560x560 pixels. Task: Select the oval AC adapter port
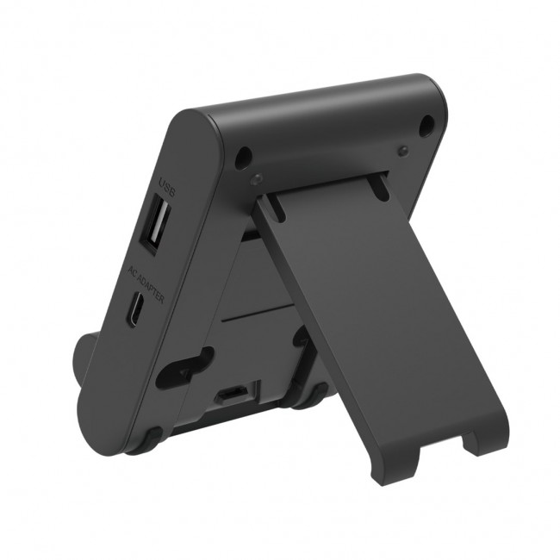point(136,311)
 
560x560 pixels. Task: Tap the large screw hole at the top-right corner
point(426,127)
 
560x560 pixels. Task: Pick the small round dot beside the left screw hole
point(256,178)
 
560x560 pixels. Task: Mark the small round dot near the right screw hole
point(402,151)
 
